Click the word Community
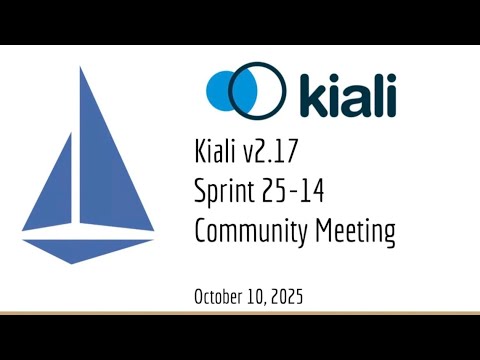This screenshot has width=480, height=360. coord(249,232)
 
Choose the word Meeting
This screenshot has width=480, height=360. coord(354,232)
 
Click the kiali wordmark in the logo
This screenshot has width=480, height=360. coord(340,92)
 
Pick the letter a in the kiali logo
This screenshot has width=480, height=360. coord(344,97)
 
